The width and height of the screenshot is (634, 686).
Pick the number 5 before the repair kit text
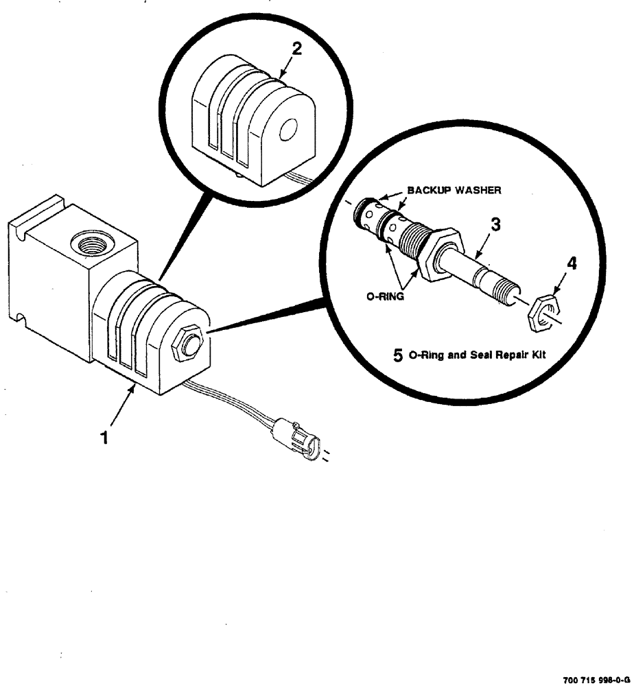397,355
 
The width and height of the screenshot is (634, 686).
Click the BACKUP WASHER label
454,190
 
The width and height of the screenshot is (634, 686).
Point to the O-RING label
384,297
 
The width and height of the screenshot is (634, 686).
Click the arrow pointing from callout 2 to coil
287,66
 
